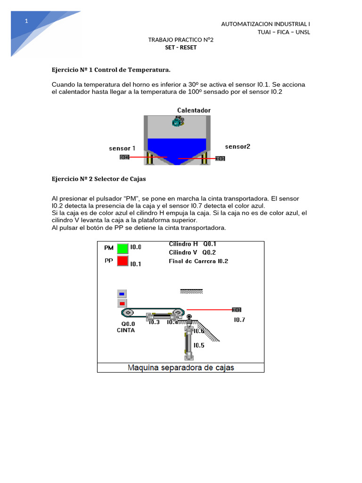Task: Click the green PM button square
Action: coord(123,248)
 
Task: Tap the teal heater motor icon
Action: coord(177,122)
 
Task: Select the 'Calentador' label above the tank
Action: coord(194,110)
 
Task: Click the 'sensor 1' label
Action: coord(122,148)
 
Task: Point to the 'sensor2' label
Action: coord(238,147)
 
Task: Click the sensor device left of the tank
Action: coord(124,157)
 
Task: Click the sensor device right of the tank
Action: coord(220,158)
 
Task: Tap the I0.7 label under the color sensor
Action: coord(239,320)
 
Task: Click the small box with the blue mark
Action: coord(122,294)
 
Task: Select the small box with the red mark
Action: coord(122,303)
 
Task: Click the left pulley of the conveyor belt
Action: coord(127,313)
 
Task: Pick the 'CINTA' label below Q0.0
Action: coord(126,331)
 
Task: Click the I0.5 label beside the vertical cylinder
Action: coord(199,345)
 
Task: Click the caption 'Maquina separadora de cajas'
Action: coord(181,367)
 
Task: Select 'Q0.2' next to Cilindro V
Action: coord(209,252)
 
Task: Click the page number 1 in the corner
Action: coord(27,21)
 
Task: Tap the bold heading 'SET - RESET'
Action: coord(181,48)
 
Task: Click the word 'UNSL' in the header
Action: coord(302,32)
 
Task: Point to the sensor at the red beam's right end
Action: coord(237,309)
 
